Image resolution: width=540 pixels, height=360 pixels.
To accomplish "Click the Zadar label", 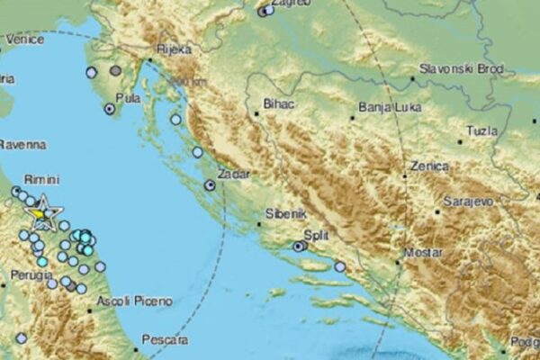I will [232, 170].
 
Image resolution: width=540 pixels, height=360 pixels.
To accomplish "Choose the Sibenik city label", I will [287, 215].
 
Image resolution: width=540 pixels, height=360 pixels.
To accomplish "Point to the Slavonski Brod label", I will [454, 68].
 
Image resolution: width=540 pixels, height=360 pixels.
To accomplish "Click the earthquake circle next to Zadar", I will [209, 184].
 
